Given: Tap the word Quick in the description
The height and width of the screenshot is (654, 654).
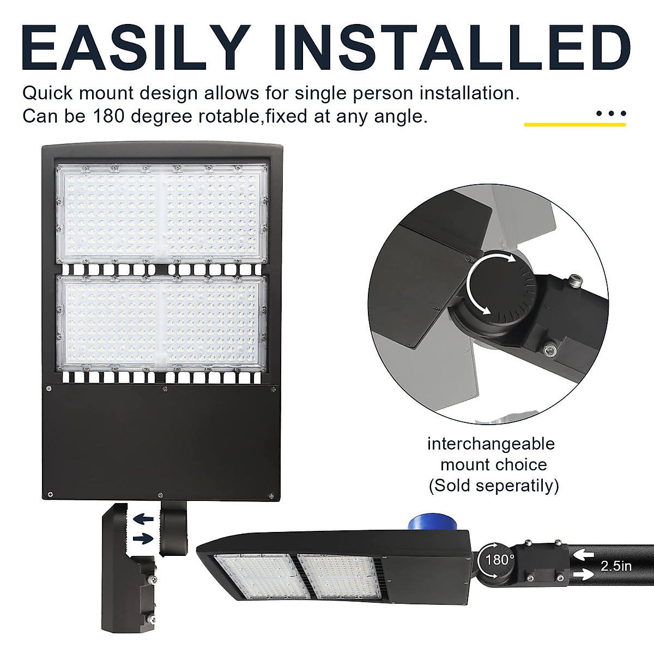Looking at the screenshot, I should [47, 93].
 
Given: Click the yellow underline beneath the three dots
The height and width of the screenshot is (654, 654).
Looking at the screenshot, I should [575, 125].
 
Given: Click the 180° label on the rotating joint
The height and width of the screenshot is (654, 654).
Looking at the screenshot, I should [500, 560].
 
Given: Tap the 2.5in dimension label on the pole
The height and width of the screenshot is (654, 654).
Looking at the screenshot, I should [616, 566].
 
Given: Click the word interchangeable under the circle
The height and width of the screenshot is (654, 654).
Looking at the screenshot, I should [491, 444].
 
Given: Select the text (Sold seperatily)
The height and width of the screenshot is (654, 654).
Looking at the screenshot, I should [494, 485].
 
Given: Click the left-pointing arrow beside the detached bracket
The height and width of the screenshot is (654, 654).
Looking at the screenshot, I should [143, 518].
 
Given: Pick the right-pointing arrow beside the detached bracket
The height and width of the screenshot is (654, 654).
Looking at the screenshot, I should [143, 538].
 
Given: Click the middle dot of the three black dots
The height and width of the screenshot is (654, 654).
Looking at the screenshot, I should [611, 114].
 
